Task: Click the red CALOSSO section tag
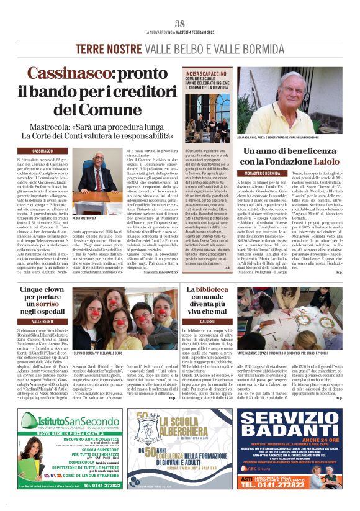coord(209,322)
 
